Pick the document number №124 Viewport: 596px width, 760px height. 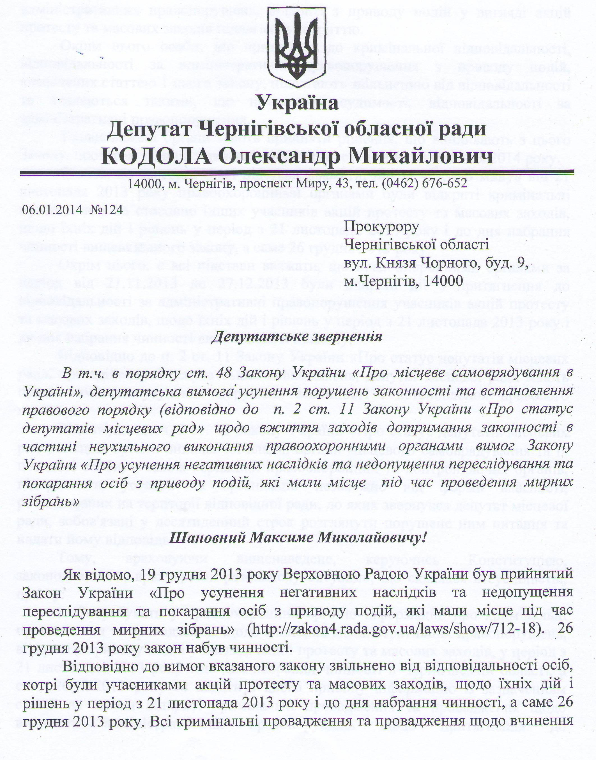tap(107, 210)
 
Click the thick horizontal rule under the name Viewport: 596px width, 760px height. tap(297, 172)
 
